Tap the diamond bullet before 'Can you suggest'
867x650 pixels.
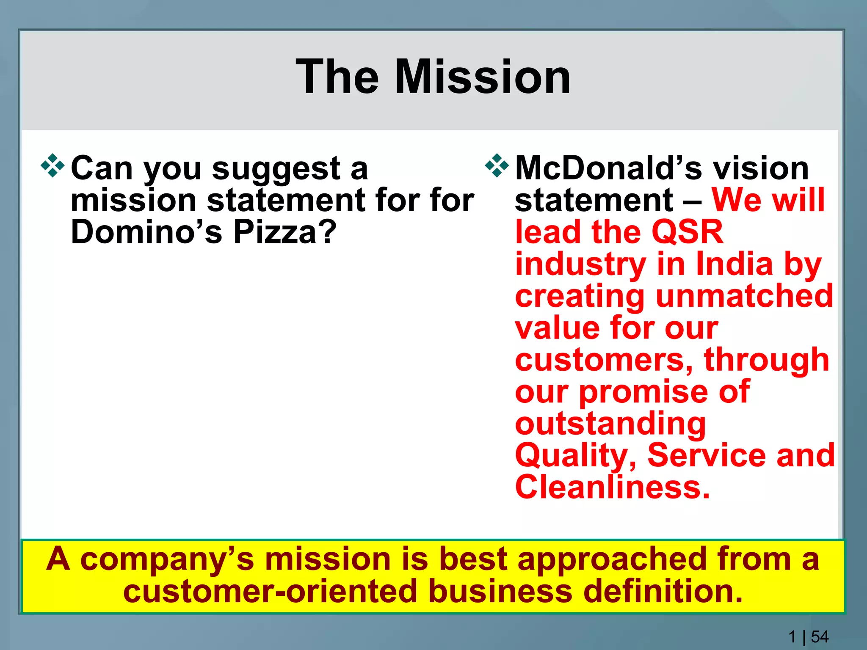coord(52,166)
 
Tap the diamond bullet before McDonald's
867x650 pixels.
coord(497,166)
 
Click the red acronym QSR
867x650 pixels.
coord(688,232)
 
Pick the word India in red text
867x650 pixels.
coord(734,264)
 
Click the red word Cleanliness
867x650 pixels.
coord(612,487)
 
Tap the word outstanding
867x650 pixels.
coord(610,424)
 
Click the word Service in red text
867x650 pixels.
coord(707,455)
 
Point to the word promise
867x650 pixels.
coord(643,391)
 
